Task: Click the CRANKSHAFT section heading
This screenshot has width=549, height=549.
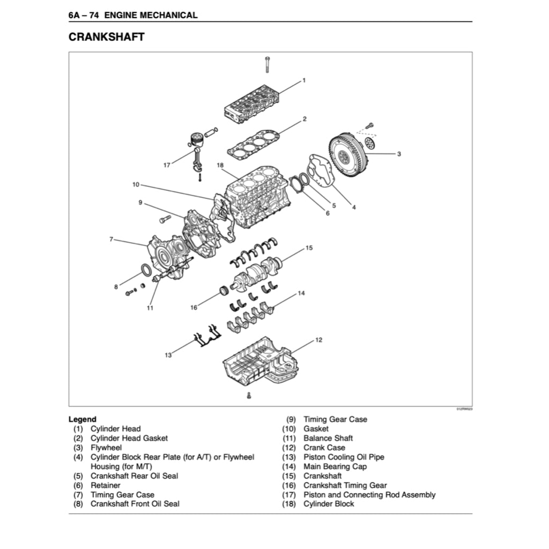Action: click(x=107, y=37)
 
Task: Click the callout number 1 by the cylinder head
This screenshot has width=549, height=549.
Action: click(x=304, y=80)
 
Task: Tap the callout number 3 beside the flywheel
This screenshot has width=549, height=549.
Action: click(x=399, y=154)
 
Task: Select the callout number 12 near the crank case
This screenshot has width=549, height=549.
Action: click(x=318, y=340)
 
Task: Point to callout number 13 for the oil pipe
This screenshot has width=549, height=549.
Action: click(x=168, y=355)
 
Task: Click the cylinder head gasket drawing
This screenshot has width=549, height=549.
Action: click(x=252, y=144)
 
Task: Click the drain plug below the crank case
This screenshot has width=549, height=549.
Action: click(x=249, y=395)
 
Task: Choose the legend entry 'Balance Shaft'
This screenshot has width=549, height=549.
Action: click(x=328, y=438)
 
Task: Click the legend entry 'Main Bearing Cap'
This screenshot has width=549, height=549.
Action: click(x=335, y=466)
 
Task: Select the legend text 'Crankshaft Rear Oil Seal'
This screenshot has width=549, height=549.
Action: click(x=134, y=476)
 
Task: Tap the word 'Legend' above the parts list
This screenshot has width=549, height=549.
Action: click(x=83, y=419)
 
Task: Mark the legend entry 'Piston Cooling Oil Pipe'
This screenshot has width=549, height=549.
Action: click(x=344, y=457)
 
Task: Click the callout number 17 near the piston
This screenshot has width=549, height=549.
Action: click(x=167, y=165)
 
